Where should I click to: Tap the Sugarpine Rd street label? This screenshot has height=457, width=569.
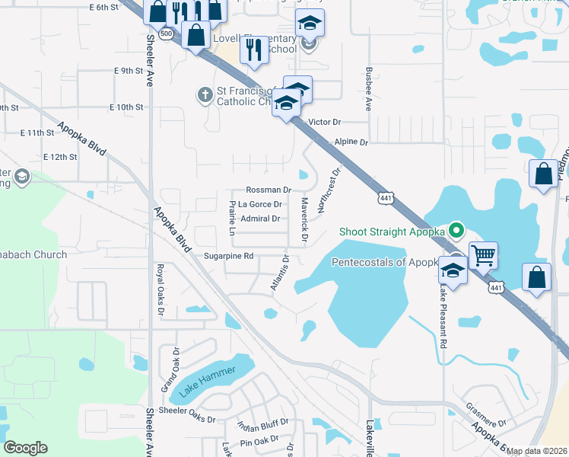[228, 257]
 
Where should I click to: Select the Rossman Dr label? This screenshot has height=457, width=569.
[269, 190]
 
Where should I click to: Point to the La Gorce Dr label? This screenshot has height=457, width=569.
[260, 204]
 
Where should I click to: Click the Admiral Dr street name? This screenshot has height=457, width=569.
[260, 219]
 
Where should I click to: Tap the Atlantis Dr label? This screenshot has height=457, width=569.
[279, 273]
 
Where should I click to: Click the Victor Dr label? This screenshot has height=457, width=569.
[326, 122]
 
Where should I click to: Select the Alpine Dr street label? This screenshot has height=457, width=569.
[351, 142]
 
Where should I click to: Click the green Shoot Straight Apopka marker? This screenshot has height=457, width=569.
[456, 228]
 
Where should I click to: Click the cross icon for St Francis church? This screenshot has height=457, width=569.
[204, 95]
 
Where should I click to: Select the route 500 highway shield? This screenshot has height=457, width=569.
[166, 34]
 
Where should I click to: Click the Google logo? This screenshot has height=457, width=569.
[25, 448]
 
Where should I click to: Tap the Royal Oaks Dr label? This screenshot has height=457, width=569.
[161, 289]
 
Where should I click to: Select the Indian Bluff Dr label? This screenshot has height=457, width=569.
[263, 425]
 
